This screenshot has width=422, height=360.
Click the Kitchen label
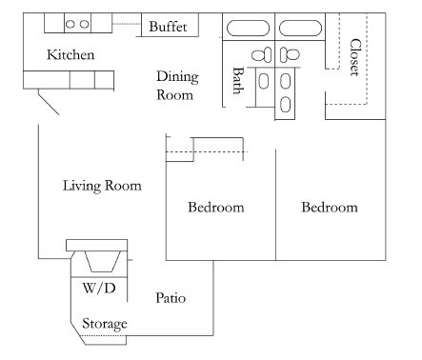click(x=71, y=55)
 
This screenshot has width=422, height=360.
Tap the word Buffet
click(x=169, y=27)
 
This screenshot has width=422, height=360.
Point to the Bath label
click(x=238, y=81)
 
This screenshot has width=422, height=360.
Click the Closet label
click(x=355, y=58)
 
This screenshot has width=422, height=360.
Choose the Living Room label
click(x=102, y=186)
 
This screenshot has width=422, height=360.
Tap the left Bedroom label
click(x=215, y=207)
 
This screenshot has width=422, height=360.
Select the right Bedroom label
click(x=329, y=207)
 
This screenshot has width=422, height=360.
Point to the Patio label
click(x=170, y=299)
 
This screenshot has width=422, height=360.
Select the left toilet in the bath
click(x=269, y=54)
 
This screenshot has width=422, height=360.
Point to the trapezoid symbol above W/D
click(x=98, y=260)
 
